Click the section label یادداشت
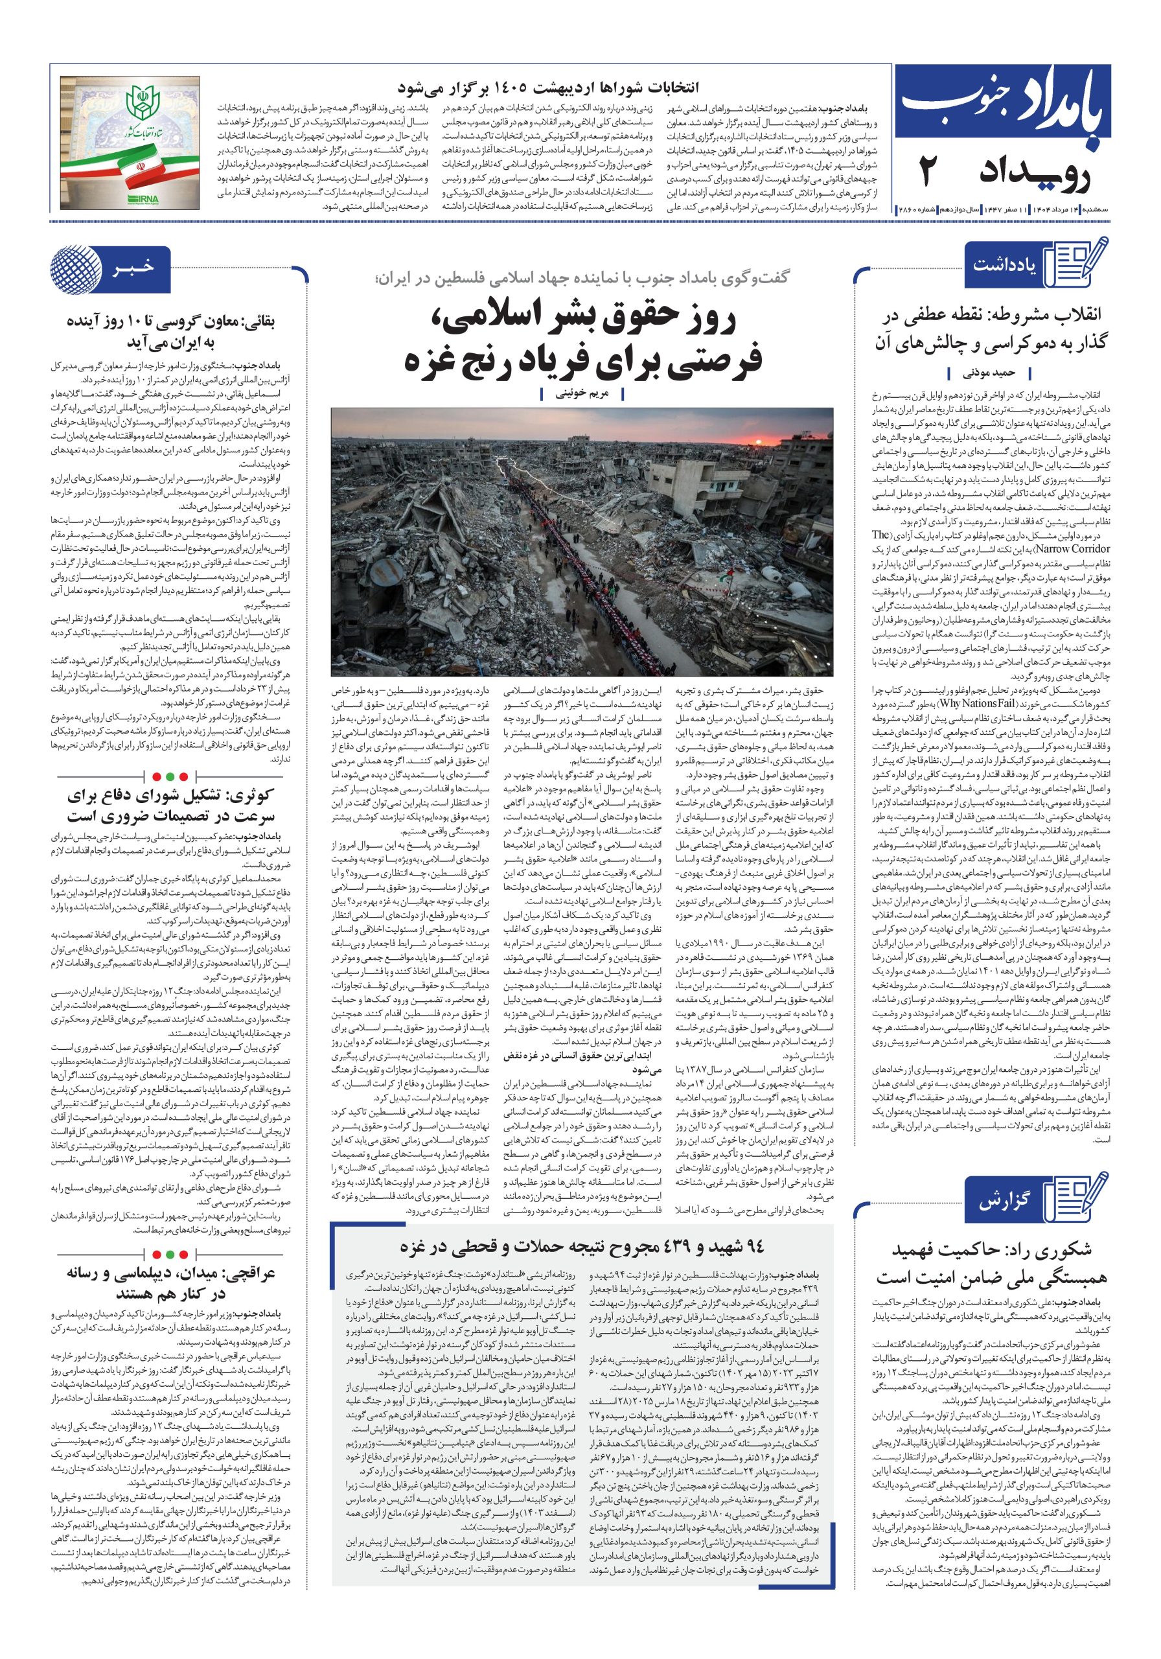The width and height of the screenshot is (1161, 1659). tap(1006, 264)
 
